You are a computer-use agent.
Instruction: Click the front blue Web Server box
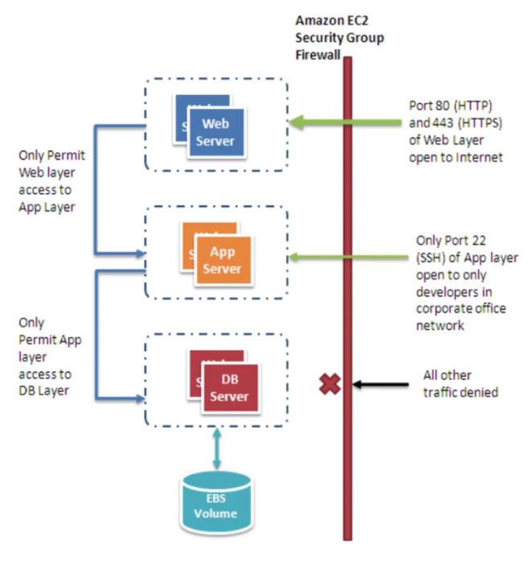pos(217,134)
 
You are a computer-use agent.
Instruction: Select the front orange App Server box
pos(222,261)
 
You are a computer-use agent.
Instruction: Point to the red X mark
pos(329,385)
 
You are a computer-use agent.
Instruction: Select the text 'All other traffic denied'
pos(460,384)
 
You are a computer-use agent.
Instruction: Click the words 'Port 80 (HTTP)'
pos(451,105)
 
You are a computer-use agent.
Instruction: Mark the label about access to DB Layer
pos(44,357)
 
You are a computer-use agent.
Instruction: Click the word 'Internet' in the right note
pos(480,158)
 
